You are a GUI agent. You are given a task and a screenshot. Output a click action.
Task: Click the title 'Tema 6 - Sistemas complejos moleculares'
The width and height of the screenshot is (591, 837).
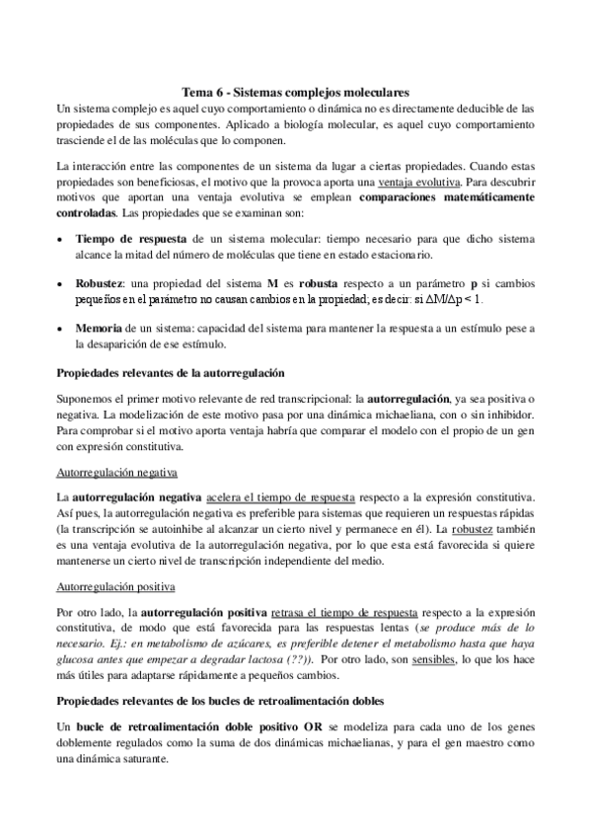point(296,91)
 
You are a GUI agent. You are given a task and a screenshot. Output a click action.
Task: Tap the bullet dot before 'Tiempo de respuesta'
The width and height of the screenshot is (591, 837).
point(61,241)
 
